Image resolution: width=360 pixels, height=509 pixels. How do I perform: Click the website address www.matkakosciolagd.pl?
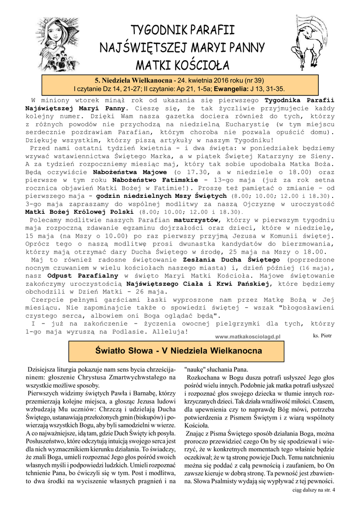[x=248, y=337]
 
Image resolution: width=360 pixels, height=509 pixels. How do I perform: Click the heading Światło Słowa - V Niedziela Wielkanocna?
[x=179, y=351]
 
